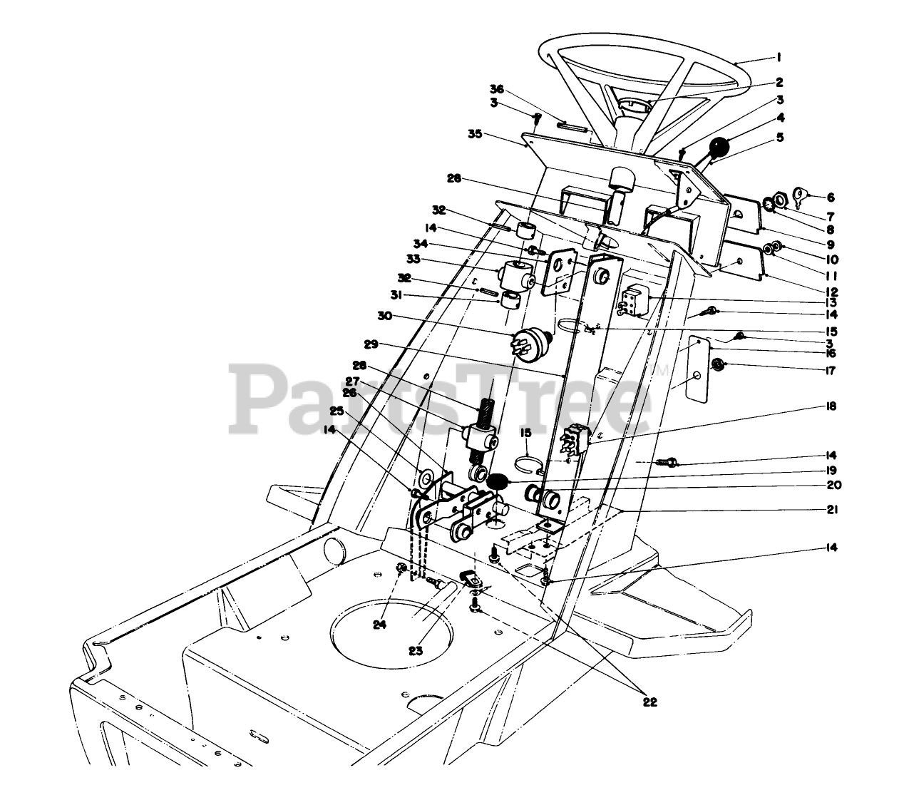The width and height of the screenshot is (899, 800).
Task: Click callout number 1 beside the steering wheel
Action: pyautogui.click(x=780, y=57)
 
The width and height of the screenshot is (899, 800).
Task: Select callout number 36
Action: pyautogui.click(x=496, y=88)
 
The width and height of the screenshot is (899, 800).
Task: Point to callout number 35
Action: pyautogui.click(x=475, y=133)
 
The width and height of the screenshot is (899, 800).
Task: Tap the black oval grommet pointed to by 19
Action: pyautogui.click(x=498, y=481)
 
